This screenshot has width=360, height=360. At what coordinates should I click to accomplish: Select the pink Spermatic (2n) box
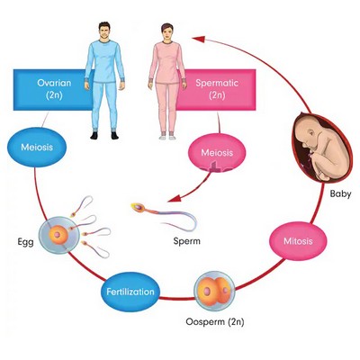pyautogui.click(x=219, y=90)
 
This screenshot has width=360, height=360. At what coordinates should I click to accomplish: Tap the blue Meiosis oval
pyautogui.click(x=37, y=147)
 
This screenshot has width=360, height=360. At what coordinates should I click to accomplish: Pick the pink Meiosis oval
pyautogui.click(x=217, y=152)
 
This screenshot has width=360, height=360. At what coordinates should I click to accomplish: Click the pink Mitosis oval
pyautogui.click(x=298, y=241)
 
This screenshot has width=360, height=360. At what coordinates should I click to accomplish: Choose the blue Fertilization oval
pyautogui.click(x=130, y=292)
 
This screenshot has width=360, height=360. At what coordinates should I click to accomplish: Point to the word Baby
pyautogui.click(x=340, y=193)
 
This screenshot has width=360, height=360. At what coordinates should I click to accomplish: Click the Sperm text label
pyautogui.click(x=186, y=241)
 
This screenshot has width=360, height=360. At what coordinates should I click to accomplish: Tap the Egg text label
pyautogui.click(x=25, y=242)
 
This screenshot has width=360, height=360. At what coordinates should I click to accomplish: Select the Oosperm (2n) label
pyautogui.click(x=215, y=322)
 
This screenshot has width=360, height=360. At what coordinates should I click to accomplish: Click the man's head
pyautogui.click(x=104, y=31)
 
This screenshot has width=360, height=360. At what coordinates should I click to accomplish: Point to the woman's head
pyautogui.click(x=167, y=32)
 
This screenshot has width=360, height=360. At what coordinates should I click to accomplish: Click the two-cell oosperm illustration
pyautogui.click(x=214, y=290)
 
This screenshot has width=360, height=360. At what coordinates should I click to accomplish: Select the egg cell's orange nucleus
pyautogui.click(x=57, y=235)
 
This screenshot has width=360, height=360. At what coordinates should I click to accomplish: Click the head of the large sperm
pyautogui.click(x=139, y=208)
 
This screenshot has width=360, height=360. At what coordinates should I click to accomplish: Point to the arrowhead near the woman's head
pyautogui.click(x=198, y=39)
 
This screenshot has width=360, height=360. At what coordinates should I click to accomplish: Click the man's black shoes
pyautogui.click(x=104, y=135)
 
